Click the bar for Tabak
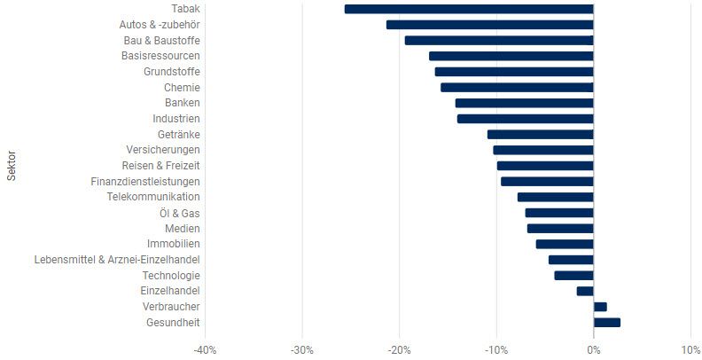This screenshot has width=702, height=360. point(468,9)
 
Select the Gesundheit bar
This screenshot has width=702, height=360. point(606,322)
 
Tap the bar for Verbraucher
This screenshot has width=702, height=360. point(600,307)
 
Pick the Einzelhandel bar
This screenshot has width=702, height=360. point(585,291)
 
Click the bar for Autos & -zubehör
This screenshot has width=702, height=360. point(489,25)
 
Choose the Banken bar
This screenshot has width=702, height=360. point(524,103)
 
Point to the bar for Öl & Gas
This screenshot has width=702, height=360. point(558,213)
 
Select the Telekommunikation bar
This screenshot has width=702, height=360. point(555,197)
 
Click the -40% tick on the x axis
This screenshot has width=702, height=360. point(205,348)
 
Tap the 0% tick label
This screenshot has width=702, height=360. point(593,348)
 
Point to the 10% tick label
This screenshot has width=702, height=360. point(690,348)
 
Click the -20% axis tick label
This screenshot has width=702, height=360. point(399,348)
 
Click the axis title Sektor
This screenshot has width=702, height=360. point(12,166)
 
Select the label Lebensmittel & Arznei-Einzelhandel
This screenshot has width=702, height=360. point(116,260)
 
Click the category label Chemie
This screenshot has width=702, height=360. point(182,88)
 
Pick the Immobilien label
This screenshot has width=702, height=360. point(173,244)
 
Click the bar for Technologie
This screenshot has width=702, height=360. point(573,275)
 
